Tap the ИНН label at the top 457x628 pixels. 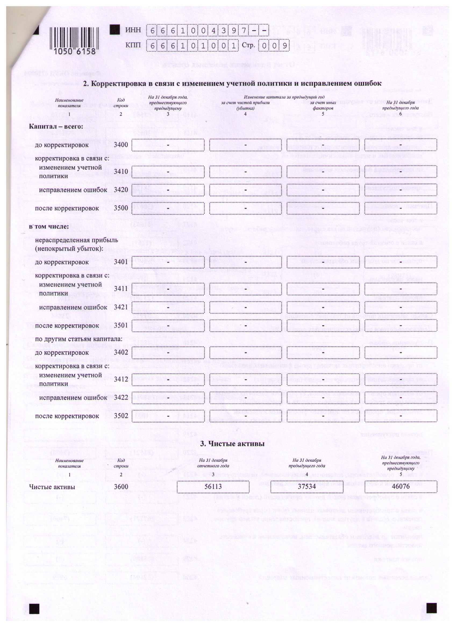coord(133,30)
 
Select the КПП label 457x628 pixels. coord(133,45)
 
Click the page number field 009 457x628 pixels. coord(274,46)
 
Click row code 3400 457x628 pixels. coord(121,145)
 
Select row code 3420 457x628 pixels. coord(121,190)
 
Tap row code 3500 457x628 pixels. coord(121,208)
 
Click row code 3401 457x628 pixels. coord(121,262)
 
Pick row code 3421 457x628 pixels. coord(121,307)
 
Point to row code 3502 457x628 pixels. coord(121,416)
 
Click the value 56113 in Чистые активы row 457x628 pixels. coord(213,486)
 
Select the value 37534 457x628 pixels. coord(306,486)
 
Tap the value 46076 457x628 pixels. coord(401,486)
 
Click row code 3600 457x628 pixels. coord(121,486)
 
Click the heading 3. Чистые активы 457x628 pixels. coord(232,443)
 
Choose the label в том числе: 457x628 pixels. coord(49,227)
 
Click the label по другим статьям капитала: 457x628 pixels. coord(78,339)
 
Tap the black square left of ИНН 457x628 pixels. coord(115,30)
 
